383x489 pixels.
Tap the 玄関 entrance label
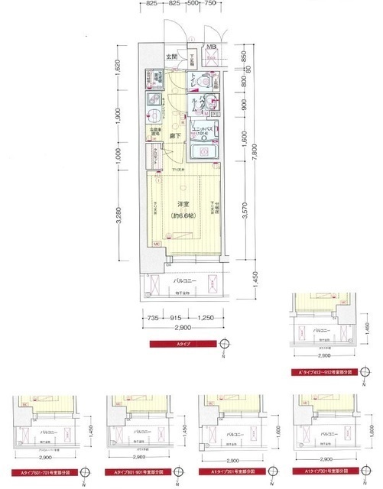(171, 57)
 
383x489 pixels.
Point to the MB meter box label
(209, 47)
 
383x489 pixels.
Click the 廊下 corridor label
(175, 136)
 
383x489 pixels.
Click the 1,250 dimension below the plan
(205, 318)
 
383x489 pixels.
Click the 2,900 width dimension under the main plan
(184, 328)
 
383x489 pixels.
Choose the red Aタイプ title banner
(184, 346)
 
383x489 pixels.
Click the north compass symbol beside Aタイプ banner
(223, 345)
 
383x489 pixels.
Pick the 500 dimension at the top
(194, 4)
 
